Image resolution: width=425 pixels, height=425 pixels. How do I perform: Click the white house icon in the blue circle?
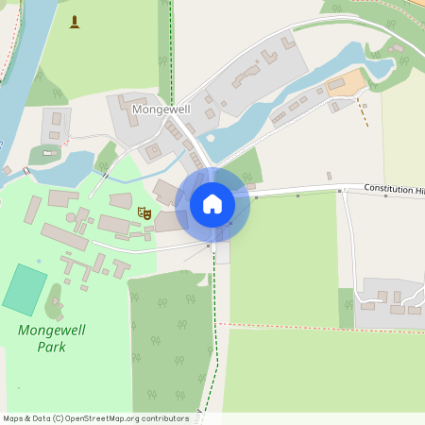coord(212,203)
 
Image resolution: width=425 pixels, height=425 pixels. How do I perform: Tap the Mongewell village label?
coord(161,110)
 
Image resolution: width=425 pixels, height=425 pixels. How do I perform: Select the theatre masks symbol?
coord(145,213)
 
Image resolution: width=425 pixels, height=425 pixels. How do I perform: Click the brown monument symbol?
coord(76,21)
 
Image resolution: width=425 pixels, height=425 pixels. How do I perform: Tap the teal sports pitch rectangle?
coord(25,290)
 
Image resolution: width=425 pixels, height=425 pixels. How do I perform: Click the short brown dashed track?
coord(362,112)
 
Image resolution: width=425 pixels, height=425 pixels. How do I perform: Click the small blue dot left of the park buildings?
coord(39,261)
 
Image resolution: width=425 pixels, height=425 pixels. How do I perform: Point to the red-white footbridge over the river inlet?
coord(26,171)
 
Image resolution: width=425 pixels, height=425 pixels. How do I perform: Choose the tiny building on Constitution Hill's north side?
coord(329,176)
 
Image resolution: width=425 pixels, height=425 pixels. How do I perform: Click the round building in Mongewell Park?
coord(71,217)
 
